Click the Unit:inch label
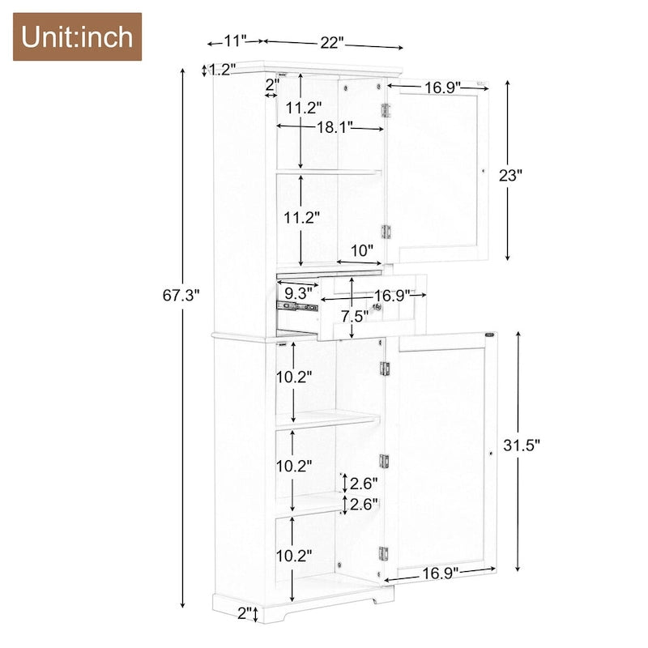77,36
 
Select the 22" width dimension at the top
331,42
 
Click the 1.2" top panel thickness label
222,70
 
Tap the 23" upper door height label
510,176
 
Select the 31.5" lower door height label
522,444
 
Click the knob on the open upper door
483,171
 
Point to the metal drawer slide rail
296,307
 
